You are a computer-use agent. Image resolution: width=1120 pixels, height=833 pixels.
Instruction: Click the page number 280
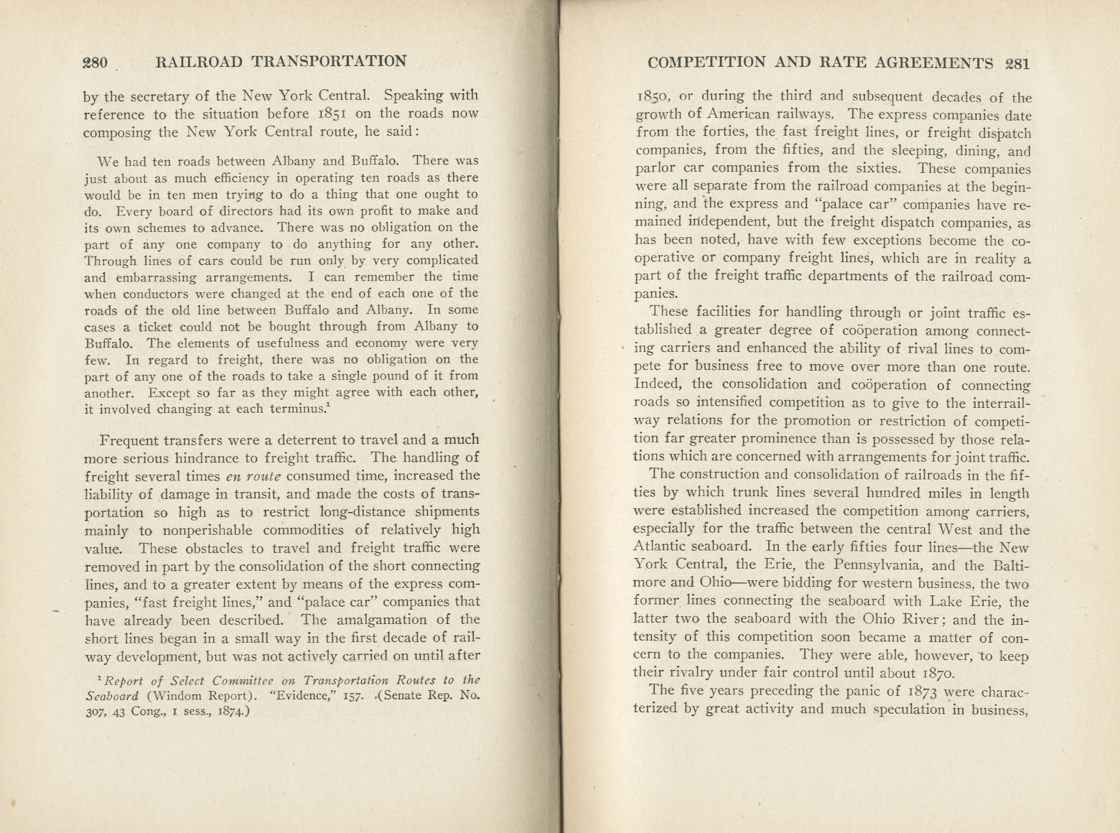pyautogui.click(x=95, y=62)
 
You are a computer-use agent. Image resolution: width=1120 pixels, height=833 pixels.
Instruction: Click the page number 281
pyautogui.click(x=1017, y=62)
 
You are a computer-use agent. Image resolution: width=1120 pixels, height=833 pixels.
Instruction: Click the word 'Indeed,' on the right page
pyautogui.click(x=660, y=384)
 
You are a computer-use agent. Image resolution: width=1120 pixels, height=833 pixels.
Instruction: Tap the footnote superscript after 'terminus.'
pyautogui.click(x=328, y=406)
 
